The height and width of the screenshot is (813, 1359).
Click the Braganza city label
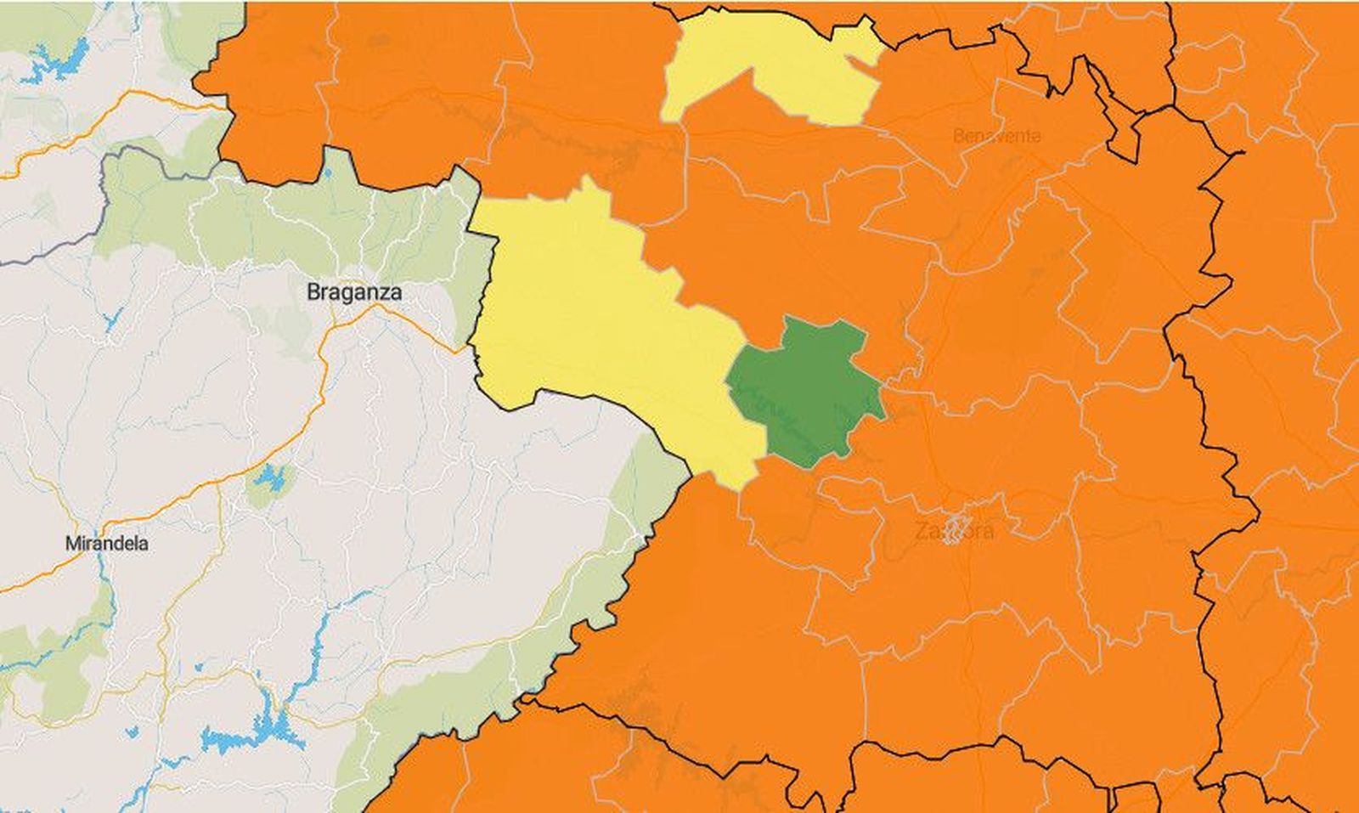click(x=353, y=293)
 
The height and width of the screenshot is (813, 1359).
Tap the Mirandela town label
click(x=106, y=544)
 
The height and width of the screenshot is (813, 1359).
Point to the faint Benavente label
click(x=996, y=136)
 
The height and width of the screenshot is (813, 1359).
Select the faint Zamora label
click(x=954, y=532)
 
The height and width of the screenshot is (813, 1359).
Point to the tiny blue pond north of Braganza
click(x=327, y=174)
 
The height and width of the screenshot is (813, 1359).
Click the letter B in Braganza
click(x=313, y=293)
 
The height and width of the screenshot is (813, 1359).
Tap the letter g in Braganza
click(x=345, y=295)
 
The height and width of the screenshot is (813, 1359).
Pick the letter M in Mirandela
click(x=71, y=544)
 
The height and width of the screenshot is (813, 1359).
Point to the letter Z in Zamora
click(x=921, y=532)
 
